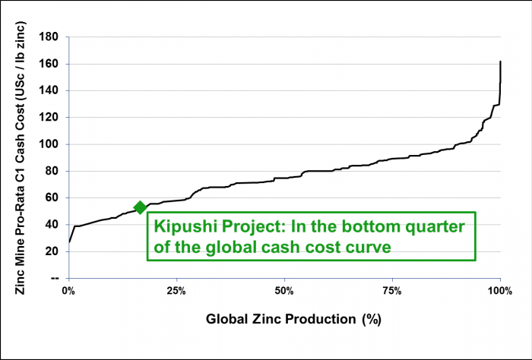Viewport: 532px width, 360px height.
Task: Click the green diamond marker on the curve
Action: (x=140, y=207)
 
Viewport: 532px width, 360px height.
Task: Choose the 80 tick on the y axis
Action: (x=52, y=171)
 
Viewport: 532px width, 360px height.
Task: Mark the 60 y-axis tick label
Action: (x=52, y=197)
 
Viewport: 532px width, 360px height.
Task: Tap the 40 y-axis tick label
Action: (x=52, y=225)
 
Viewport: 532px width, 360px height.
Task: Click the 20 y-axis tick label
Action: (x=52, y=251)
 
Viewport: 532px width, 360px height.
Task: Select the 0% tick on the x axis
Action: (x=68, y=292)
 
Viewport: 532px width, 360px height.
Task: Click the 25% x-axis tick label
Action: (x=176, y=292)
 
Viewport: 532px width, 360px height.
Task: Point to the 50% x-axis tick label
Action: (x=284, y=292)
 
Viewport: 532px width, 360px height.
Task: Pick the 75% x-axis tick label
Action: (x=392, y=292)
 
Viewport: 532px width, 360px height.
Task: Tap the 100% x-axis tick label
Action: (x=499, y=292)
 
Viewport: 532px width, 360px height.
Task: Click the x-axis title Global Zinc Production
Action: (x=293, y=320)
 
